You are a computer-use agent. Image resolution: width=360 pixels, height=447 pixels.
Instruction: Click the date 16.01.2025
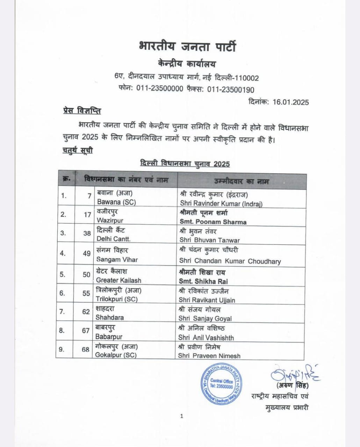291,102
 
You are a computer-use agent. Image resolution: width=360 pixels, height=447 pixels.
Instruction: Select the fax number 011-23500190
231,89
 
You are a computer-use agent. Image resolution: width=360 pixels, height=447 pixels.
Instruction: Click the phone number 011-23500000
160,89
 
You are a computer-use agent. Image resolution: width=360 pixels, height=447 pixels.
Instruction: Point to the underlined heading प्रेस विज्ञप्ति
82,111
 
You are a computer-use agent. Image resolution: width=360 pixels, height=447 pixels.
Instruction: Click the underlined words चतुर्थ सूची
78,151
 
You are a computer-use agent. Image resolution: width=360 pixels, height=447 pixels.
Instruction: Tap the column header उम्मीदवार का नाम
242,182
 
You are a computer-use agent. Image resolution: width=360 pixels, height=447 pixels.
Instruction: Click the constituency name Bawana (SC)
116,202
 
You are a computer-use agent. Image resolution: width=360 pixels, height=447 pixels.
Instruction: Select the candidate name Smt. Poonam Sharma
213,222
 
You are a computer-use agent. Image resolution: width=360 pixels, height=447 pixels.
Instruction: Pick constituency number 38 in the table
87,233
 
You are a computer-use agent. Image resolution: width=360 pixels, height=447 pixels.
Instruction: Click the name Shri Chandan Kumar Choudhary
230,261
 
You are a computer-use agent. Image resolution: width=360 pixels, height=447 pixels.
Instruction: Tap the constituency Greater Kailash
118,280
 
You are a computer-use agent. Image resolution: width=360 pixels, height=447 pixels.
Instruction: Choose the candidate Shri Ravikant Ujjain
207,300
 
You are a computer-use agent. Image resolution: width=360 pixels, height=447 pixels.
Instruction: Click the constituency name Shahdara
110,317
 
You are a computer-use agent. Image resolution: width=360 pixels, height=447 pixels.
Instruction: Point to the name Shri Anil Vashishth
206,338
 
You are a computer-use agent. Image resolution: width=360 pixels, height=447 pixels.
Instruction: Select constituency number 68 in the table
86,349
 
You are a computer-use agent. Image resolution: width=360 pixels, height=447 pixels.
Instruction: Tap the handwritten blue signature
295,374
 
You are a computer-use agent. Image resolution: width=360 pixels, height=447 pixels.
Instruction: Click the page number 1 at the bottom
182,416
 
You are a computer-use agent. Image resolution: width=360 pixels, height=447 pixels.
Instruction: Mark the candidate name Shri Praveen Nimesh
209,356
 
